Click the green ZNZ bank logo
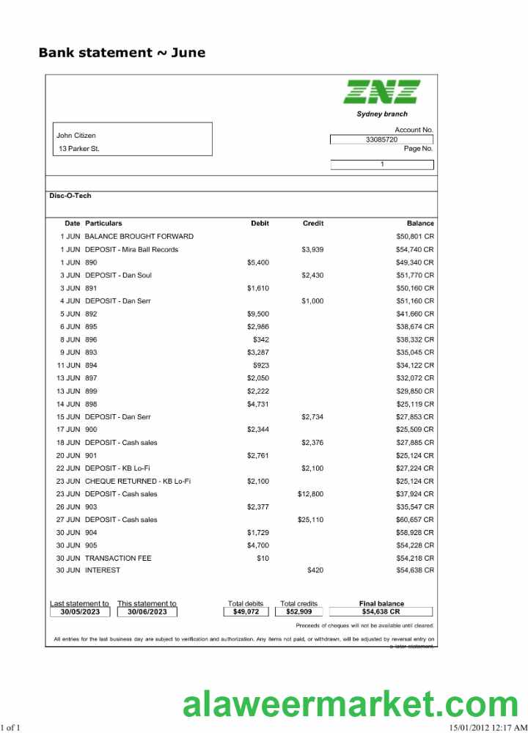pos(382,92)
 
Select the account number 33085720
pos(381,139)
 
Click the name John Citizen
pos(76,136)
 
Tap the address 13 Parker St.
pos(79,149)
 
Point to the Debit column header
pos(260,223)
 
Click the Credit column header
pos(313,223)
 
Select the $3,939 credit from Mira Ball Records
pos(312,249)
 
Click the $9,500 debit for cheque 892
pos(258,314)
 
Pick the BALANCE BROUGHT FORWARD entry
pos(139,236)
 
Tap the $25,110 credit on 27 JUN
pos(310,520)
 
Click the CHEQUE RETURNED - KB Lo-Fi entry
pos(138,481)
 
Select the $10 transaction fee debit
pos(263,559)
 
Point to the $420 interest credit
pos(315,570)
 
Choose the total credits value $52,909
pos(298,611)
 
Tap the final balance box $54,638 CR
pos(381,611)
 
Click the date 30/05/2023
pos(80,611)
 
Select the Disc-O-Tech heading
pos(70,196)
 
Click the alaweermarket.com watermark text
pos(350,705)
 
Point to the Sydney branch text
pos(382,114)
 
